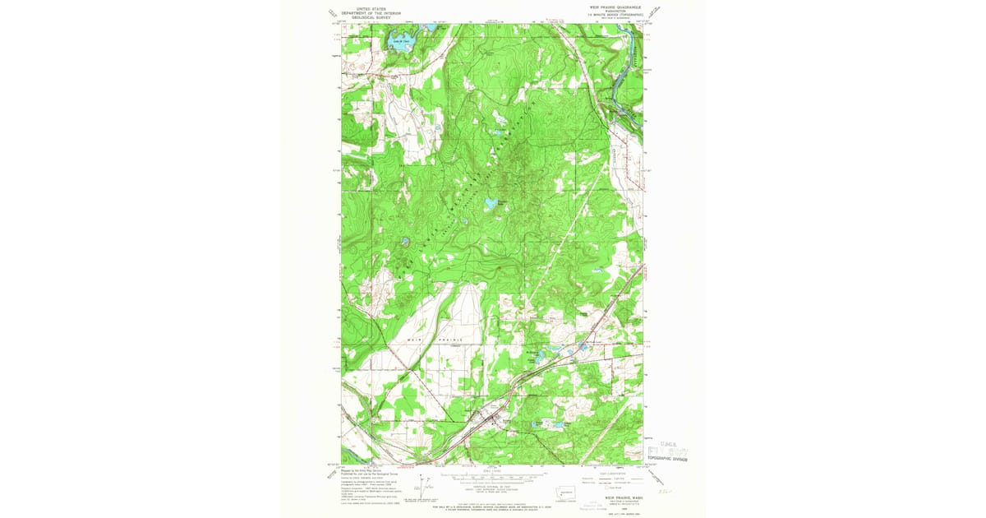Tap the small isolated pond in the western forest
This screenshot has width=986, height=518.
coord(405,241)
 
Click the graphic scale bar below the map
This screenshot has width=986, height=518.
coord(493,475)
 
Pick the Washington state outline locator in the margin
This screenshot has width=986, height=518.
coord(577,490)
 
